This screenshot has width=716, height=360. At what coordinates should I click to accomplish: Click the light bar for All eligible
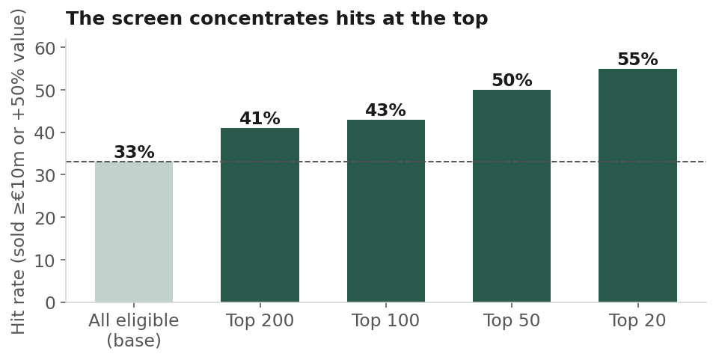134,231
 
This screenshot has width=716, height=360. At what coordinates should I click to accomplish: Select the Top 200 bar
260,215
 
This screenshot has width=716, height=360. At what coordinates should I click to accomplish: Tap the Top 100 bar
386,210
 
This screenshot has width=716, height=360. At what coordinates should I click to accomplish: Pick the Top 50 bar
512,196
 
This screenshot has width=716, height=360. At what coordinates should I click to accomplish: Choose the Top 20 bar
637,186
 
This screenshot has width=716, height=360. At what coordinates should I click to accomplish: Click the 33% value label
134,152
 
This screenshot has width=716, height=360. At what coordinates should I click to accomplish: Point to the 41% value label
260,118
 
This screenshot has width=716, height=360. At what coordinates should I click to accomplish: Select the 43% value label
386,110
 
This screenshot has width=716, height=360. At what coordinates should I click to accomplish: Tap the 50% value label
512,80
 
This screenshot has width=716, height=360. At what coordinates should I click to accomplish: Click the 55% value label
638,59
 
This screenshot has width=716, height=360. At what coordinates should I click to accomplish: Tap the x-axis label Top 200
260,321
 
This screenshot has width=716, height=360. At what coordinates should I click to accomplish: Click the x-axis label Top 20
637,321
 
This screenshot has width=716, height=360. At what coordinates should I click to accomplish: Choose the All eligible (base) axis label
134,330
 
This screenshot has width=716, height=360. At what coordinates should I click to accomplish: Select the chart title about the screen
277,19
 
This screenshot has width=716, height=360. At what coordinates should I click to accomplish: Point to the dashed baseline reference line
386,162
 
